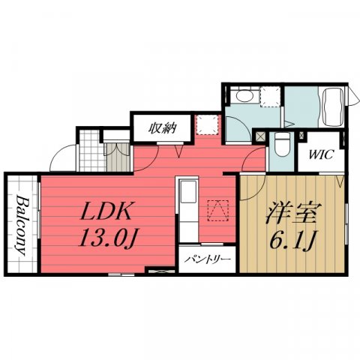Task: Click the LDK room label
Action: coord(106,211)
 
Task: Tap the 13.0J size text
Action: coord(107,238)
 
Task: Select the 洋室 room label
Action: coord(294,213)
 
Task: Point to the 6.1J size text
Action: coord(291,240)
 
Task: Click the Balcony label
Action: coord(22,226)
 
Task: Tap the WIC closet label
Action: coord(322,154)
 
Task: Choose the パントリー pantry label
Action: coord(207,259)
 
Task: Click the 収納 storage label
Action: coord(163,128)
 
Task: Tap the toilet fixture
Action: coord(282,145)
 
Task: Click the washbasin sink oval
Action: coord(245,96)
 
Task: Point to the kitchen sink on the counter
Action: coord(188,192)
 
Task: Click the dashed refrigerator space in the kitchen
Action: coord(218,211)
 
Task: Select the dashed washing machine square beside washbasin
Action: coord(270,97)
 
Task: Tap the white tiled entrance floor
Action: coord(92,150)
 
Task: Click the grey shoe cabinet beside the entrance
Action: coord(118,157)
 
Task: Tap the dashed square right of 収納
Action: coord(207,124)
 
